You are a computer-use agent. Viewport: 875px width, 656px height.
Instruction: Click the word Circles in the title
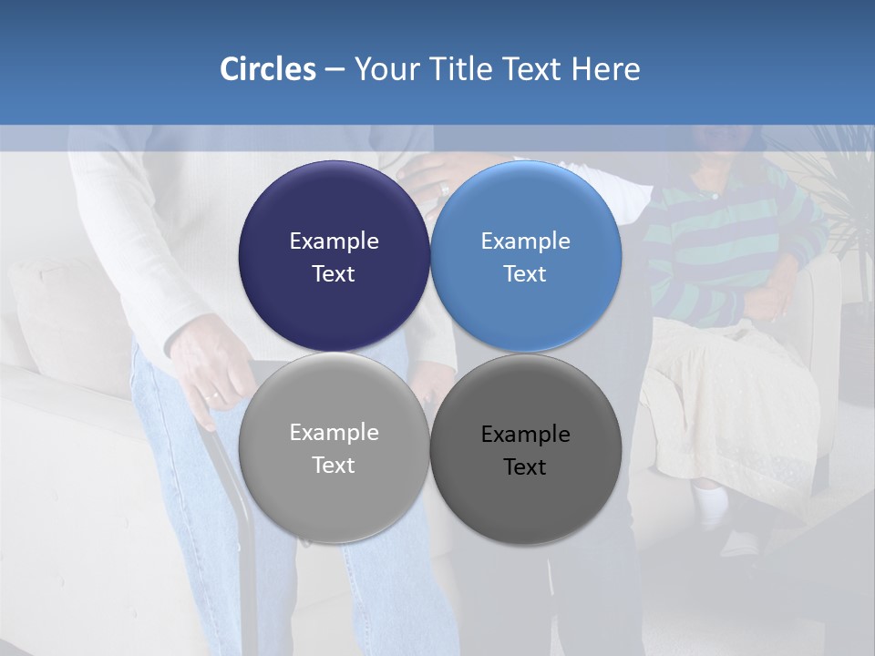[267, 69]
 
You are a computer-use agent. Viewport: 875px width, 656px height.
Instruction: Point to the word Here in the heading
[605, 69]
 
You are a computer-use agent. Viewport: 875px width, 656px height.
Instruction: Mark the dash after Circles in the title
[335, 70]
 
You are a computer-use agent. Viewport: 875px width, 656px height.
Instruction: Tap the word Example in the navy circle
[334, 241]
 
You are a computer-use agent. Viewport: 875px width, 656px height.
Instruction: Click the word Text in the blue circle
[525, 274]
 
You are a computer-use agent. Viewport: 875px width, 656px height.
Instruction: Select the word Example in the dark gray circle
[525, 435]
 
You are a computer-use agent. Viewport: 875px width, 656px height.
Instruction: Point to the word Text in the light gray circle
[334, 466]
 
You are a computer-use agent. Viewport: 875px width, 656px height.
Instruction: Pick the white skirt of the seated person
[729, 401]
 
